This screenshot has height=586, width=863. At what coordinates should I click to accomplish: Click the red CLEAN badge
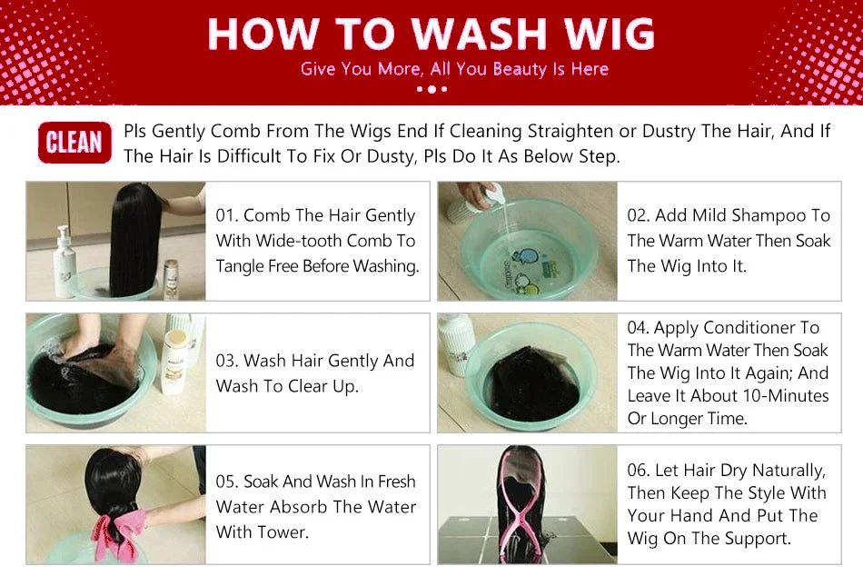[x=74, y=144]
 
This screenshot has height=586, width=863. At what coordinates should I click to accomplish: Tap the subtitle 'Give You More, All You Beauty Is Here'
[x=454, y=69]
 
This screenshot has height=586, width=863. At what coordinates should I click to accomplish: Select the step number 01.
[x=227, y=216]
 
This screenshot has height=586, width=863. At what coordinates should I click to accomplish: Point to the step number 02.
[x=639, y=216]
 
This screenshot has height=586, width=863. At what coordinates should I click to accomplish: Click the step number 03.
[x=227, y=361]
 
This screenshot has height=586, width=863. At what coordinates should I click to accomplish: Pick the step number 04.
[x=639, y=328]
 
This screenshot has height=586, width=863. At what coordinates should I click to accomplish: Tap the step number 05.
[x=227, y=482]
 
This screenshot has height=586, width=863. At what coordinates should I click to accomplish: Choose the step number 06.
[x=639, y=471]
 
